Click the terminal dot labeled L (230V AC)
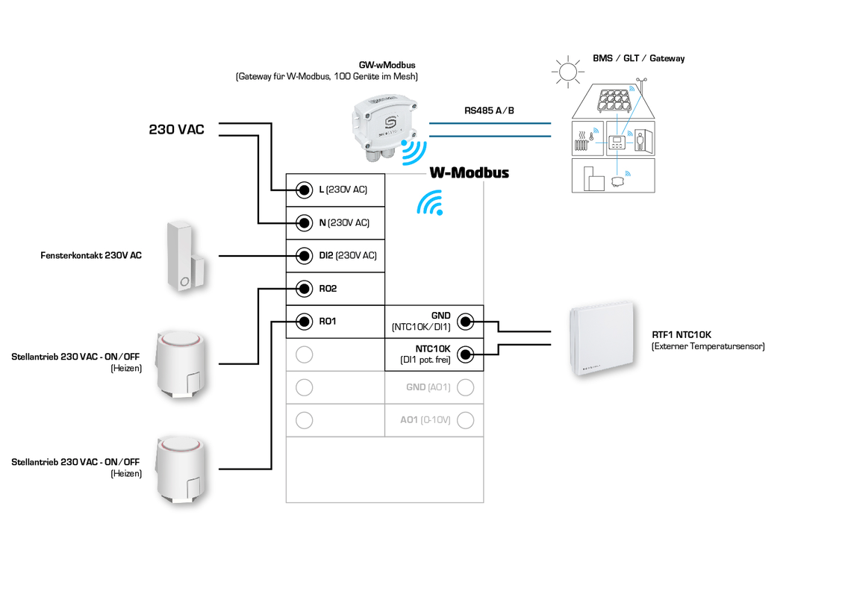pos(304,190)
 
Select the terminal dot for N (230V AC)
pos(304,222)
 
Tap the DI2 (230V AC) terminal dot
pos(304,255)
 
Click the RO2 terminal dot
pos(304,288)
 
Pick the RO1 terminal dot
pos(304,322)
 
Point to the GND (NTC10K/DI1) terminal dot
pos(465,322)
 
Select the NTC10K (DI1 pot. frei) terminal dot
pos(465,354)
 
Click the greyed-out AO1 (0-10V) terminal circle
pos(465,420)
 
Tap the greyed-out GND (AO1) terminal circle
pos(465,387)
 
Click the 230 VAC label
pos(176,130)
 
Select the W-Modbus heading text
pos(469,172)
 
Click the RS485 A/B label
pos(489,110)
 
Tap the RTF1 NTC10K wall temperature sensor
pos(602,340)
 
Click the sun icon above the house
pos(567,72)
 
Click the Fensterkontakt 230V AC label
pos(91,255)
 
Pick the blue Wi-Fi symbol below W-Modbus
pos(430,202)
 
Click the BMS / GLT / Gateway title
pos(638,58)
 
